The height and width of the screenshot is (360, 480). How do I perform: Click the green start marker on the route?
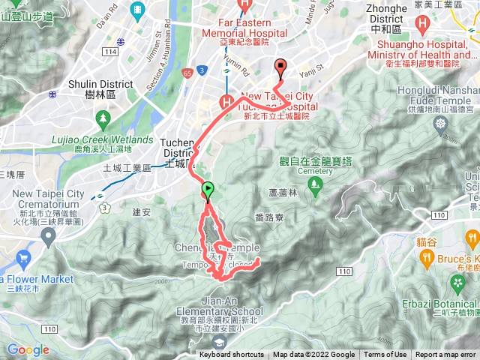click(208, 190)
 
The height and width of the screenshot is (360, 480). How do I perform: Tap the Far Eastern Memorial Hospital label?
click(244, 28)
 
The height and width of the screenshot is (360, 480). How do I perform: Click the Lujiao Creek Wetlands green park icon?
click(103, 118)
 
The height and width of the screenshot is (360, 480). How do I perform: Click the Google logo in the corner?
click(28, 349)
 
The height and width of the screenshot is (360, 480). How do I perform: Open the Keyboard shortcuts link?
click(232, 355)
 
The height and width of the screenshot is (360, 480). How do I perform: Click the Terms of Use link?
click(385, 355)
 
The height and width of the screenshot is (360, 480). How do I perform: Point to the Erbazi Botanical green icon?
click(457, 282)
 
